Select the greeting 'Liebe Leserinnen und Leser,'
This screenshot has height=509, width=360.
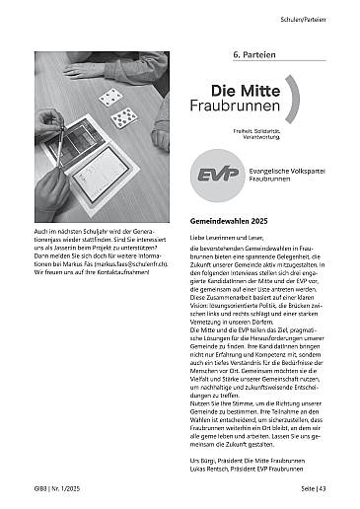230,240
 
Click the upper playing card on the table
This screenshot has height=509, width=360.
110,97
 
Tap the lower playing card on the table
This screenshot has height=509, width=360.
123,119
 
